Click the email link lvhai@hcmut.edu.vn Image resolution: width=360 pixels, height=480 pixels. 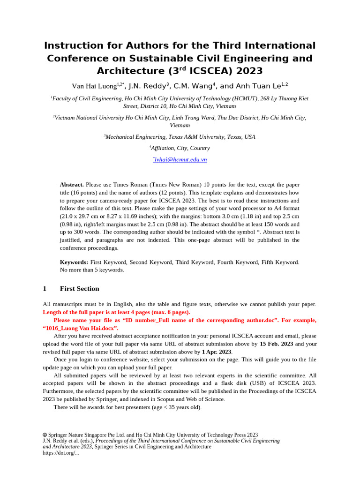click(180, 159)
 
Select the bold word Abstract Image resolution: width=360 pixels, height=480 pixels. click(72, 185)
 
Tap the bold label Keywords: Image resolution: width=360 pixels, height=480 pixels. click(74, 262)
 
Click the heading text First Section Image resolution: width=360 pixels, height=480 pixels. click(79, 289)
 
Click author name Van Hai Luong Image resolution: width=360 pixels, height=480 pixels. click(94, 86)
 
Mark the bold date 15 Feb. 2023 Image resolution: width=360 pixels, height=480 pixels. click(276, 344)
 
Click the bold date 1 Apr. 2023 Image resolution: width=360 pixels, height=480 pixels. click(217, 352)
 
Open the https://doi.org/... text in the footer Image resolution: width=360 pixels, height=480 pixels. click(60, 453)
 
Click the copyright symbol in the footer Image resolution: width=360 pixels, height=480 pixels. click(45, 435)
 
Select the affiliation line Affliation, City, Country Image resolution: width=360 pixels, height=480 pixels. click(180, 148)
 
